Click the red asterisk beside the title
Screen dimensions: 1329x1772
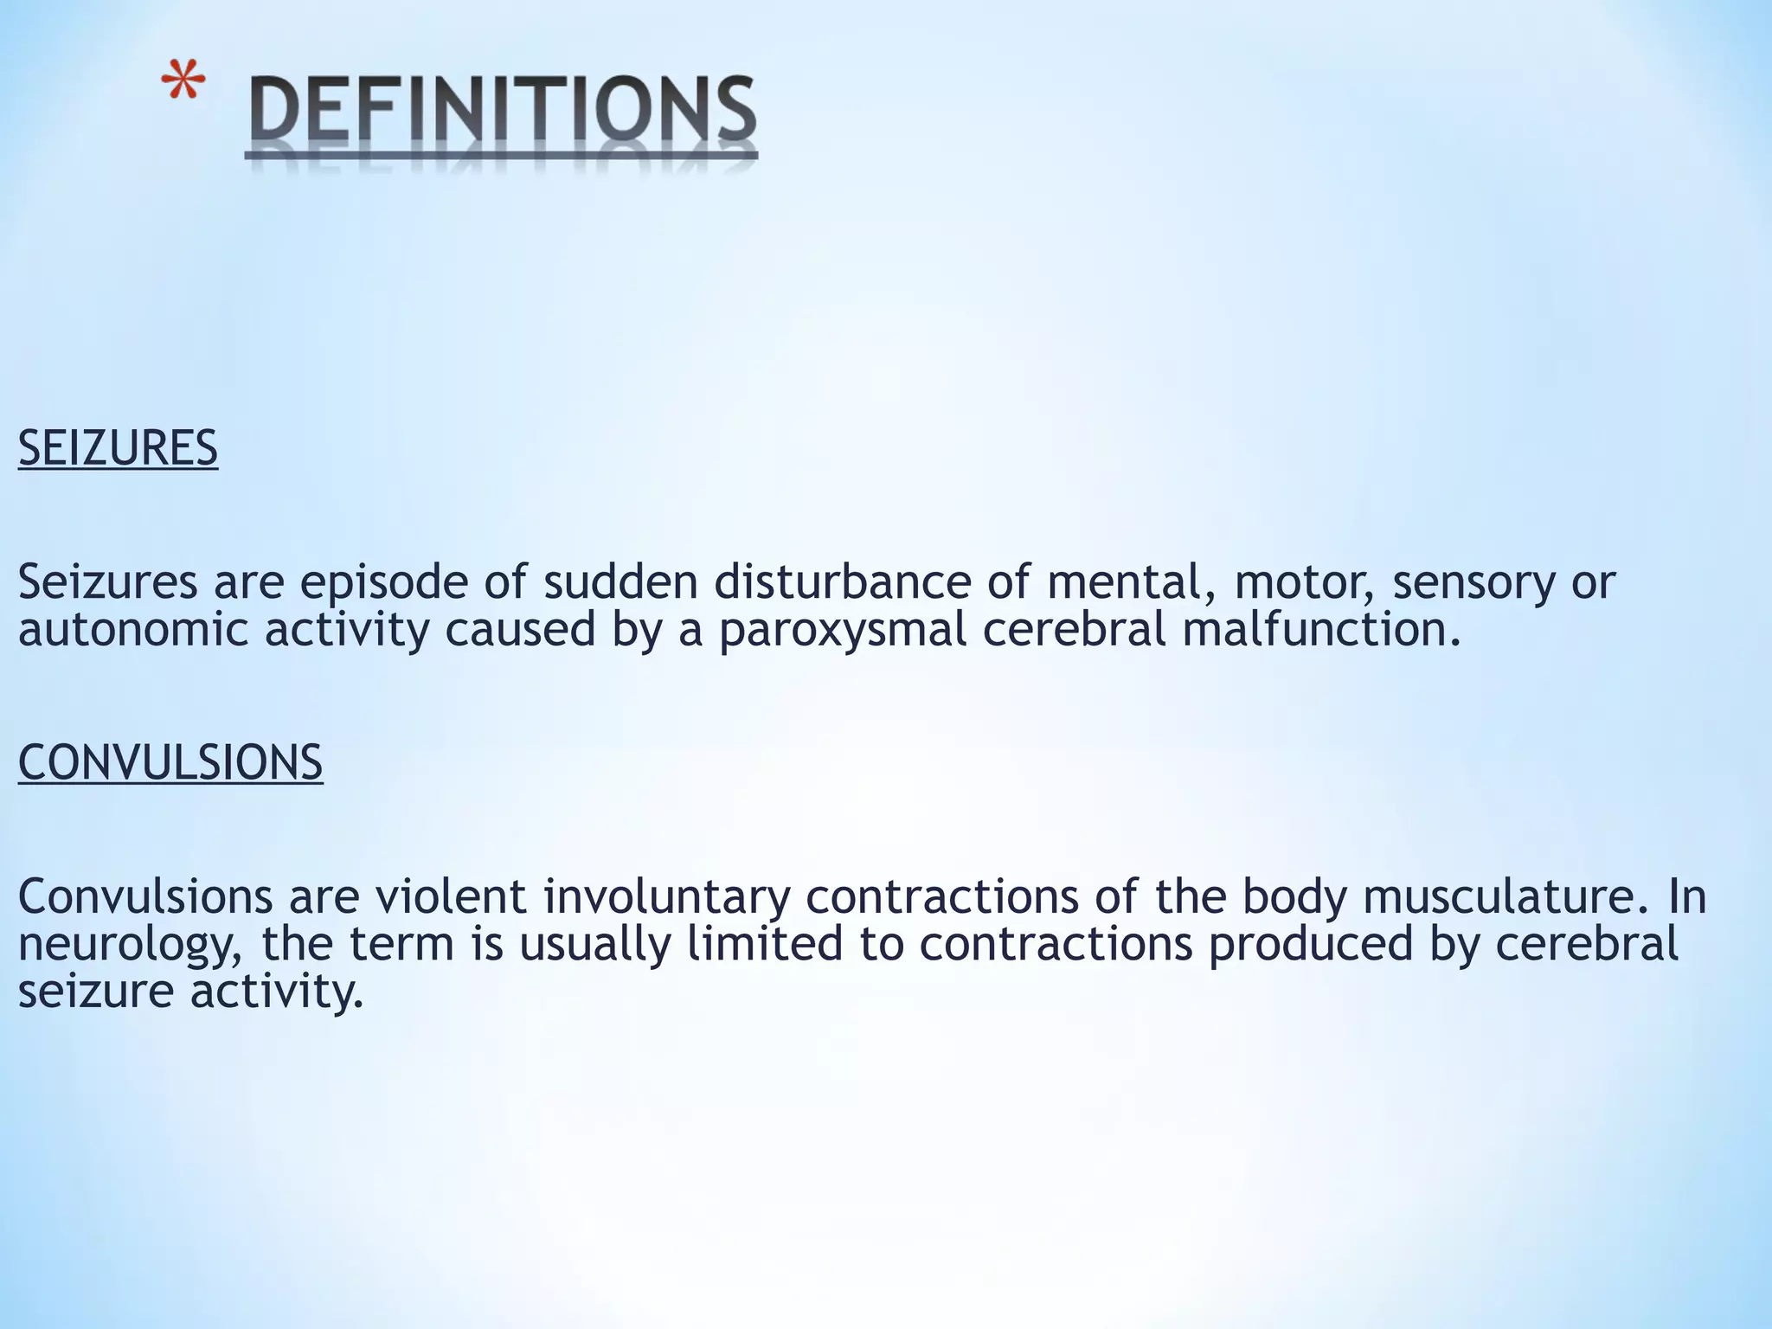point(183,87)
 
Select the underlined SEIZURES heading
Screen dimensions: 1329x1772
point(118,448)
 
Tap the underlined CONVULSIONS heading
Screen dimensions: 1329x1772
point(170,762)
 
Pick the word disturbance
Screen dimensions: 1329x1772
point(843,582)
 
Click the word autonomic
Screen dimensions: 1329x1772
point(133,629)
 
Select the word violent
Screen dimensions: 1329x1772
point(450,896)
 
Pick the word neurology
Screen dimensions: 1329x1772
point(130,945)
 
